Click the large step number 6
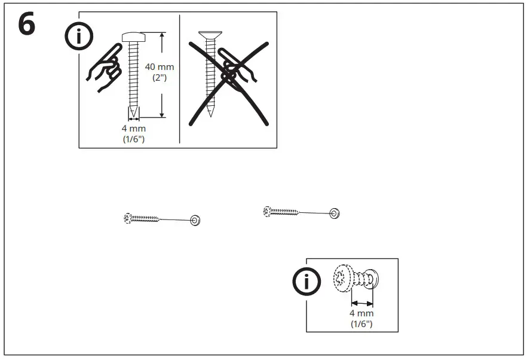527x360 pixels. pyautogui.click(x=25, y=25)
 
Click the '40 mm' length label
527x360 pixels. pyautogui.click(x=160, y=67)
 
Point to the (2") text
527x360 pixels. pyautogui.click(x=160, y=78)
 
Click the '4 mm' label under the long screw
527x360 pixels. pyautogui.click(x=133, y=128)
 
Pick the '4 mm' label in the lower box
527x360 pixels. pyautogui.click(x=361, y=313)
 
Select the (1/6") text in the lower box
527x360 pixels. pyautogui.click(x=361, y=324)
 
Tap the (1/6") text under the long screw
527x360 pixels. pyautogui.click(x=133, y=139)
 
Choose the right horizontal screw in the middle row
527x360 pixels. pyautogui.click(x=281, y=210)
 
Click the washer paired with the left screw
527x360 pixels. pyautogui.click(x=195, y=221)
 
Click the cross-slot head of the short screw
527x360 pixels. pyautogui.click(x=342, y=278)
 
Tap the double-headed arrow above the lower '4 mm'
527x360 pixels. pyautogui.click(x=362, y=303)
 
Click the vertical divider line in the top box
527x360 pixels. pyautogui.click(x=180, y=79)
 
